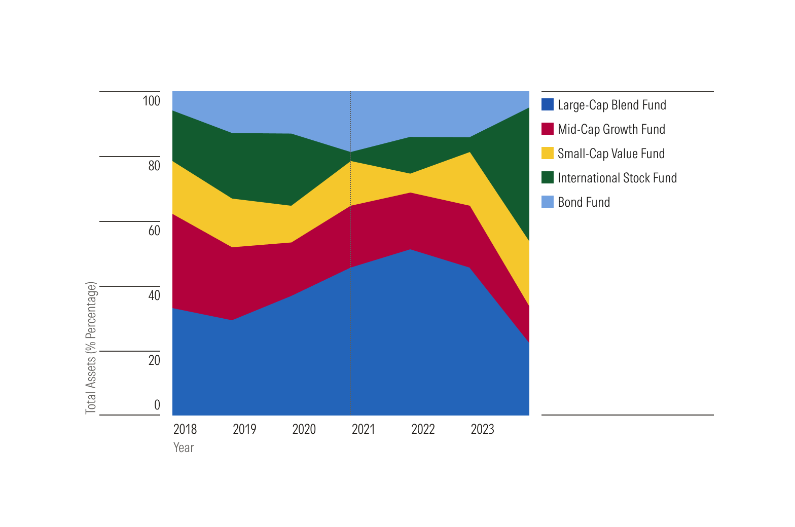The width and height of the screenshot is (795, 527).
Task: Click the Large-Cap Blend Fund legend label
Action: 611,105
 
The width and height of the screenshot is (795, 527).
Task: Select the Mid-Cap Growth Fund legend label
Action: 611,129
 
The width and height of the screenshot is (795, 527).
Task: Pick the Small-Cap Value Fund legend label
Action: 611,154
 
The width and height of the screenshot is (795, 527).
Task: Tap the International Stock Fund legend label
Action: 617,178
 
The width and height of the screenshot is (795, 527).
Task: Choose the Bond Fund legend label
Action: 584,202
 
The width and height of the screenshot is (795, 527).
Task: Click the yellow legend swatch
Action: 548,154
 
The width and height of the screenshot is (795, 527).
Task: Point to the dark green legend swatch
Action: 548,178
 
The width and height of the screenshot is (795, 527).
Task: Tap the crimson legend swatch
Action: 548,129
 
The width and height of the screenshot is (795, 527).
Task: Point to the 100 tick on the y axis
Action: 151,101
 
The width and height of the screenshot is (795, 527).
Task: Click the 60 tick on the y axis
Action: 154,231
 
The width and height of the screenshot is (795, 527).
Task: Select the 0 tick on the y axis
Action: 157,405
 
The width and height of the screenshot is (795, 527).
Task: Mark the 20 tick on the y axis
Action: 154,360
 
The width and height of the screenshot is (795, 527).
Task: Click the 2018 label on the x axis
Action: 185,429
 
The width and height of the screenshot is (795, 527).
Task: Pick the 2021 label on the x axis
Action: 364,429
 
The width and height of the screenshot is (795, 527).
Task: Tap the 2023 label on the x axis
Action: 482,429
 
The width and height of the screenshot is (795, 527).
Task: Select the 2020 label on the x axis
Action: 304,429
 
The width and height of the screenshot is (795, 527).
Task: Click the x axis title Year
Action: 184,447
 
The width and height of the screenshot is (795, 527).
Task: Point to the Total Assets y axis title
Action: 91,348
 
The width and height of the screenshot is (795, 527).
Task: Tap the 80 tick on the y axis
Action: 154,166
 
